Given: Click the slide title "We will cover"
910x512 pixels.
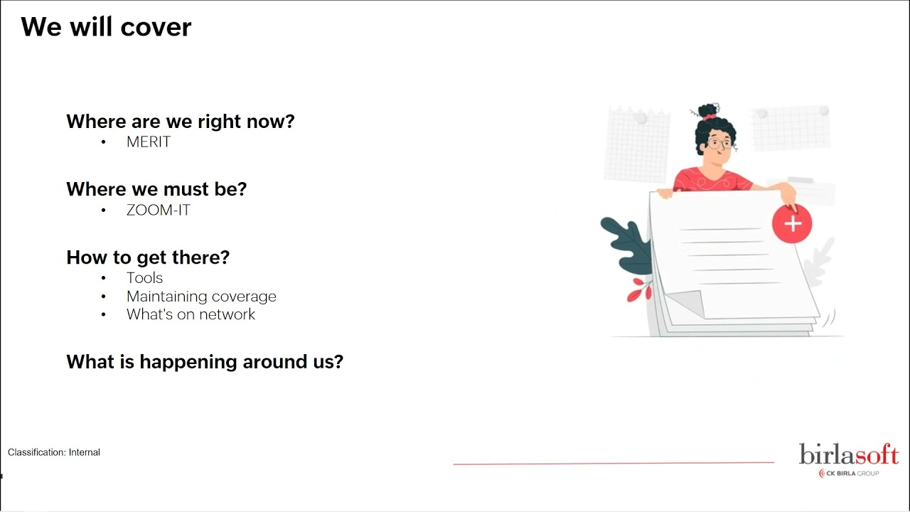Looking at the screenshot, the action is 106,27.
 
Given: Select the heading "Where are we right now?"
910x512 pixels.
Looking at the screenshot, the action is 181,121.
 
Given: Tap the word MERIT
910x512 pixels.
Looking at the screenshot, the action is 149,142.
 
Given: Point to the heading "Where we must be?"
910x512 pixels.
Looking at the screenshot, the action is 156,189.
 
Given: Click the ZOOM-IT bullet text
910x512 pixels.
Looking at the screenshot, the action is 158,210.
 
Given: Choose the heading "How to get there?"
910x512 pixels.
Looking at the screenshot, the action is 148,257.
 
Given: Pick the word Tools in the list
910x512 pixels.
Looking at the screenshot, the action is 144,278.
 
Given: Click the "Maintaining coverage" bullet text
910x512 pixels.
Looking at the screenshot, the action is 201,297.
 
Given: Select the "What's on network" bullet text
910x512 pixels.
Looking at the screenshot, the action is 191,314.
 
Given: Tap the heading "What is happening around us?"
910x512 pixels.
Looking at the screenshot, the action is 205,362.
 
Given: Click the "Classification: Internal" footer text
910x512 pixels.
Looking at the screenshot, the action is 53,452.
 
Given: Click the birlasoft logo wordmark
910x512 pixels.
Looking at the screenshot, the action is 849,454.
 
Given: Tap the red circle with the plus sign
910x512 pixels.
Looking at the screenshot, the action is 792,224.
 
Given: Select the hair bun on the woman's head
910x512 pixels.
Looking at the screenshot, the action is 708,110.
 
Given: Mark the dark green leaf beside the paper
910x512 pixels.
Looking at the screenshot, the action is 627,245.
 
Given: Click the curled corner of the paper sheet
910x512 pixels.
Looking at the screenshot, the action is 687,303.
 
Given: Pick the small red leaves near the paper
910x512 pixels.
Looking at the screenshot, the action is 639,289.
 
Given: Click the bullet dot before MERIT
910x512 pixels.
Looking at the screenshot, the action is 104,142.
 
